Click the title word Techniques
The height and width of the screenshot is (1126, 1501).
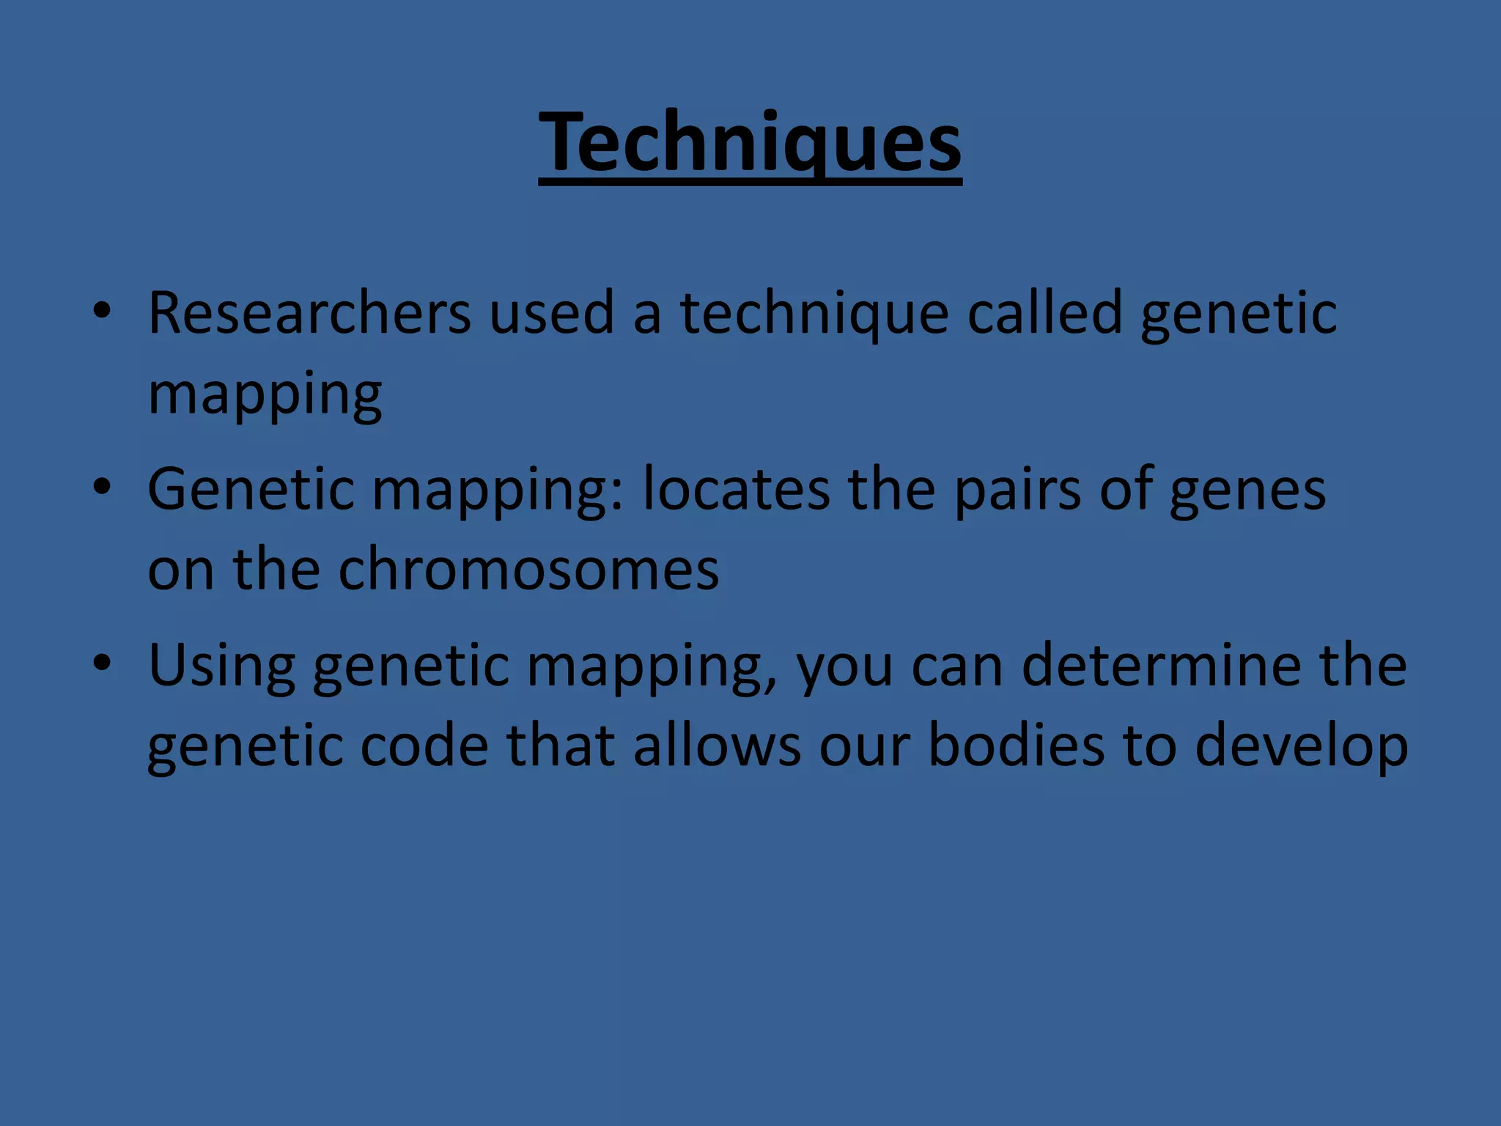[x=750, y=143]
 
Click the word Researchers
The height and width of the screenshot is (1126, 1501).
[x=309, y=313]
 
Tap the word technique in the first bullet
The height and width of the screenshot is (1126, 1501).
[x=814, y=313]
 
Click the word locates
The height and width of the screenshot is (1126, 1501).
[x=737, y=489]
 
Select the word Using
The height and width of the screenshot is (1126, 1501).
[x=221, y=666]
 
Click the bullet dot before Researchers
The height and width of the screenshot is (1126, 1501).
[x=102, y=312]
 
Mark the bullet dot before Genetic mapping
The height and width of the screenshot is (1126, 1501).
[x=102, y=487]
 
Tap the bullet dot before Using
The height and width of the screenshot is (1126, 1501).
[x=102, y=663]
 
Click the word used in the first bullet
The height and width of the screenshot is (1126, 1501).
[x=551, y=313]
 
